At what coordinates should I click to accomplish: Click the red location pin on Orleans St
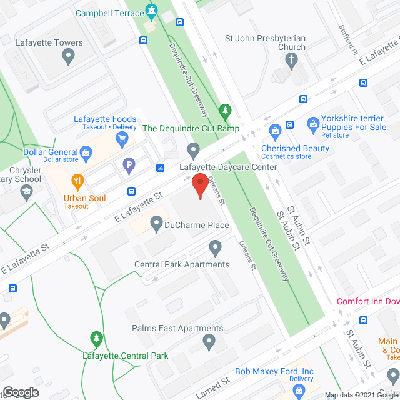199,186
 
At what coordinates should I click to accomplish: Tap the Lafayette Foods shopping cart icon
122,138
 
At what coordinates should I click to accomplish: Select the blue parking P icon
129,166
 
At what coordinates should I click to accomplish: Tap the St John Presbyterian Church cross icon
291,61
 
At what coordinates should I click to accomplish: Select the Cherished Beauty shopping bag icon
274,131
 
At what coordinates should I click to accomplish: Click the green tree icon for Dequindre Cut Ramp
225,112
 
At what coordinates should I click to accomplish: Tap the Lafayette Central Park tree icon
96,340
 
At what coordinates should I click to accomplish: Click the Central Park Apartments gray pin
216,249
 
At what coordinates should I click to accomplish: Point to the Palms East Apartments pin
209,342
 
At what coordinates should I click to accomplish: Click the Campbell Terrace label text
109,12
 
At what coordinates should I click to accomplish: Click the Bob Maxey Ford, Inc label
274,372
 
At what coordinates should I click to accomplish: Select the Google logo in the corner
20,392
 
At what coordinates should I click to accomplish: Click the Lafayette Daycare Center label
228,167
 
